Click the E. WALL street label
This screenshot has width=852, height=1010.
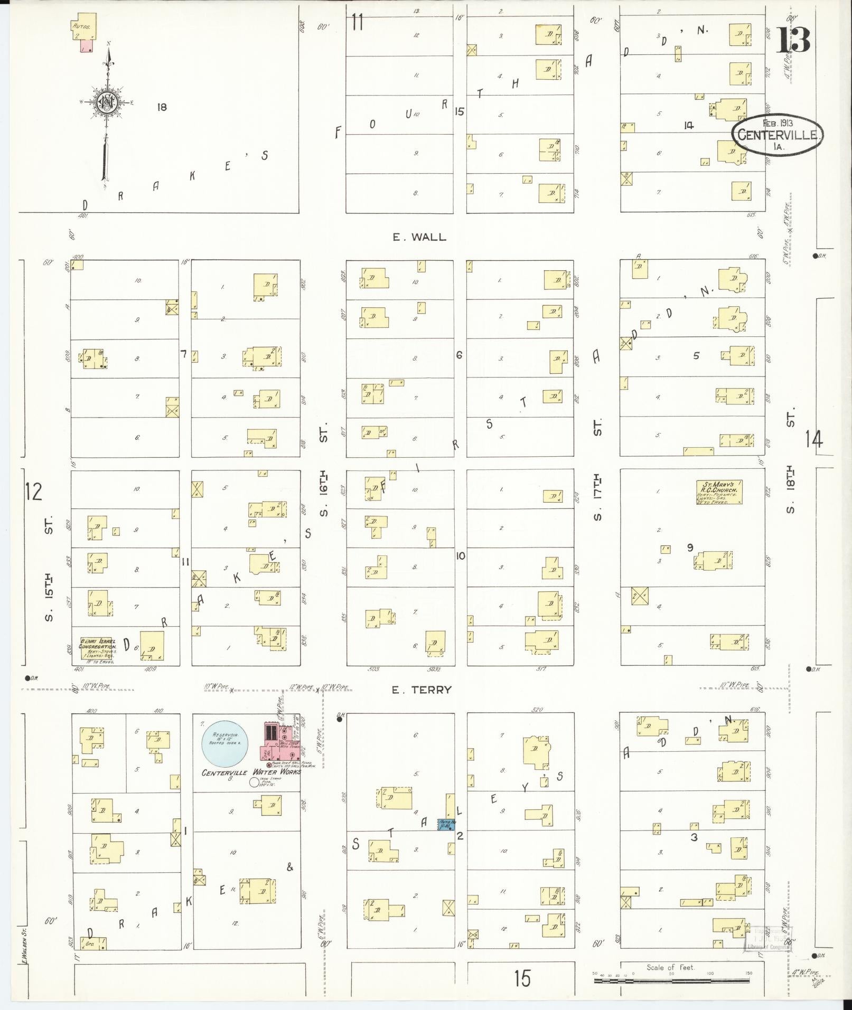[x=419, y=238]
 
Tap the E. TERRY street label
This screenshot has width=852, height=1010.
[x=422, y=690]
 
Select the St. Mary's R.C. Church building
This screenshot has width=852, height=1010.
[x=719, y=492]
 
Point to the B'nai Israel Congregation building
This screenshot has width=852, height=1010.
[x=97, y=646]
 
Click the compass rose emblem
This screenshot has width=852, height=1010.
[x=107, y=102]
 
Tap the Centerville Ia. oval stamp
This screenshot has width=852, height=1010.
[x=776, y=135]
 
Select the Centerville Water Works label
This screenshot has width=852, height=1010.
[x=251, y=772]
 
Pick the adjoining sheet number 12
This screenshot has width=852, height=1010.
[x=33, y=492]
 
